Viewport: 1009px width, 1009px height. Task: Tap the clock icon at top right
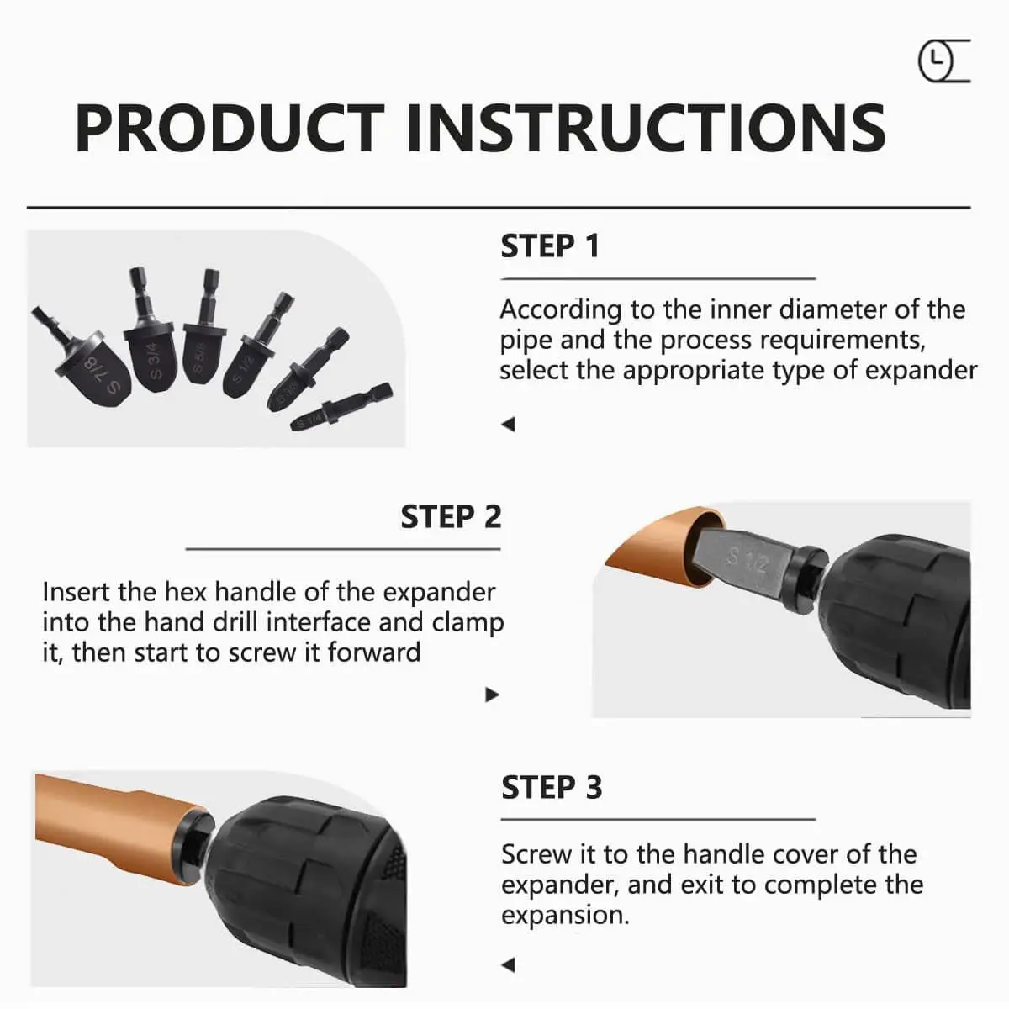click(x=936, y=62)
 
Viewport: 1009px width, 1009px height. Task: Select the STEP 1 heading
click(x=550, y=246)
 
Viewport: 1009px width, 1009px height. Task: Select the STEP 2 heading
click(x=451, y=516)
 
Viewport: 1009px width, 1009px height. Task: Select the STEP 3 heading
click(x=552, y=788)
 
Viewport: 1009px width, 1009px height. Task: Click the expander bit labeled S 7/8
click(x=102, y=367)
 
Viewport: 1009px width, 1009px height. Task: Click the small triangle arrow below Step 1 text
click(x=507, y=425)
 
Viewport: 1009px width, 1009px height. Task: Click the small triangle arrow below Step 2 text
click(x=493, y=695)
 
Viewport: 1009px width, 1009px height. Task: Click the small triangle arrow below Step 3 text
click(x=507, y=964)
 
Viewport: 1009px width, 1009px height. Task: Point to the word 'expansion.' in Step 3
click(x=565, y=915)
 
